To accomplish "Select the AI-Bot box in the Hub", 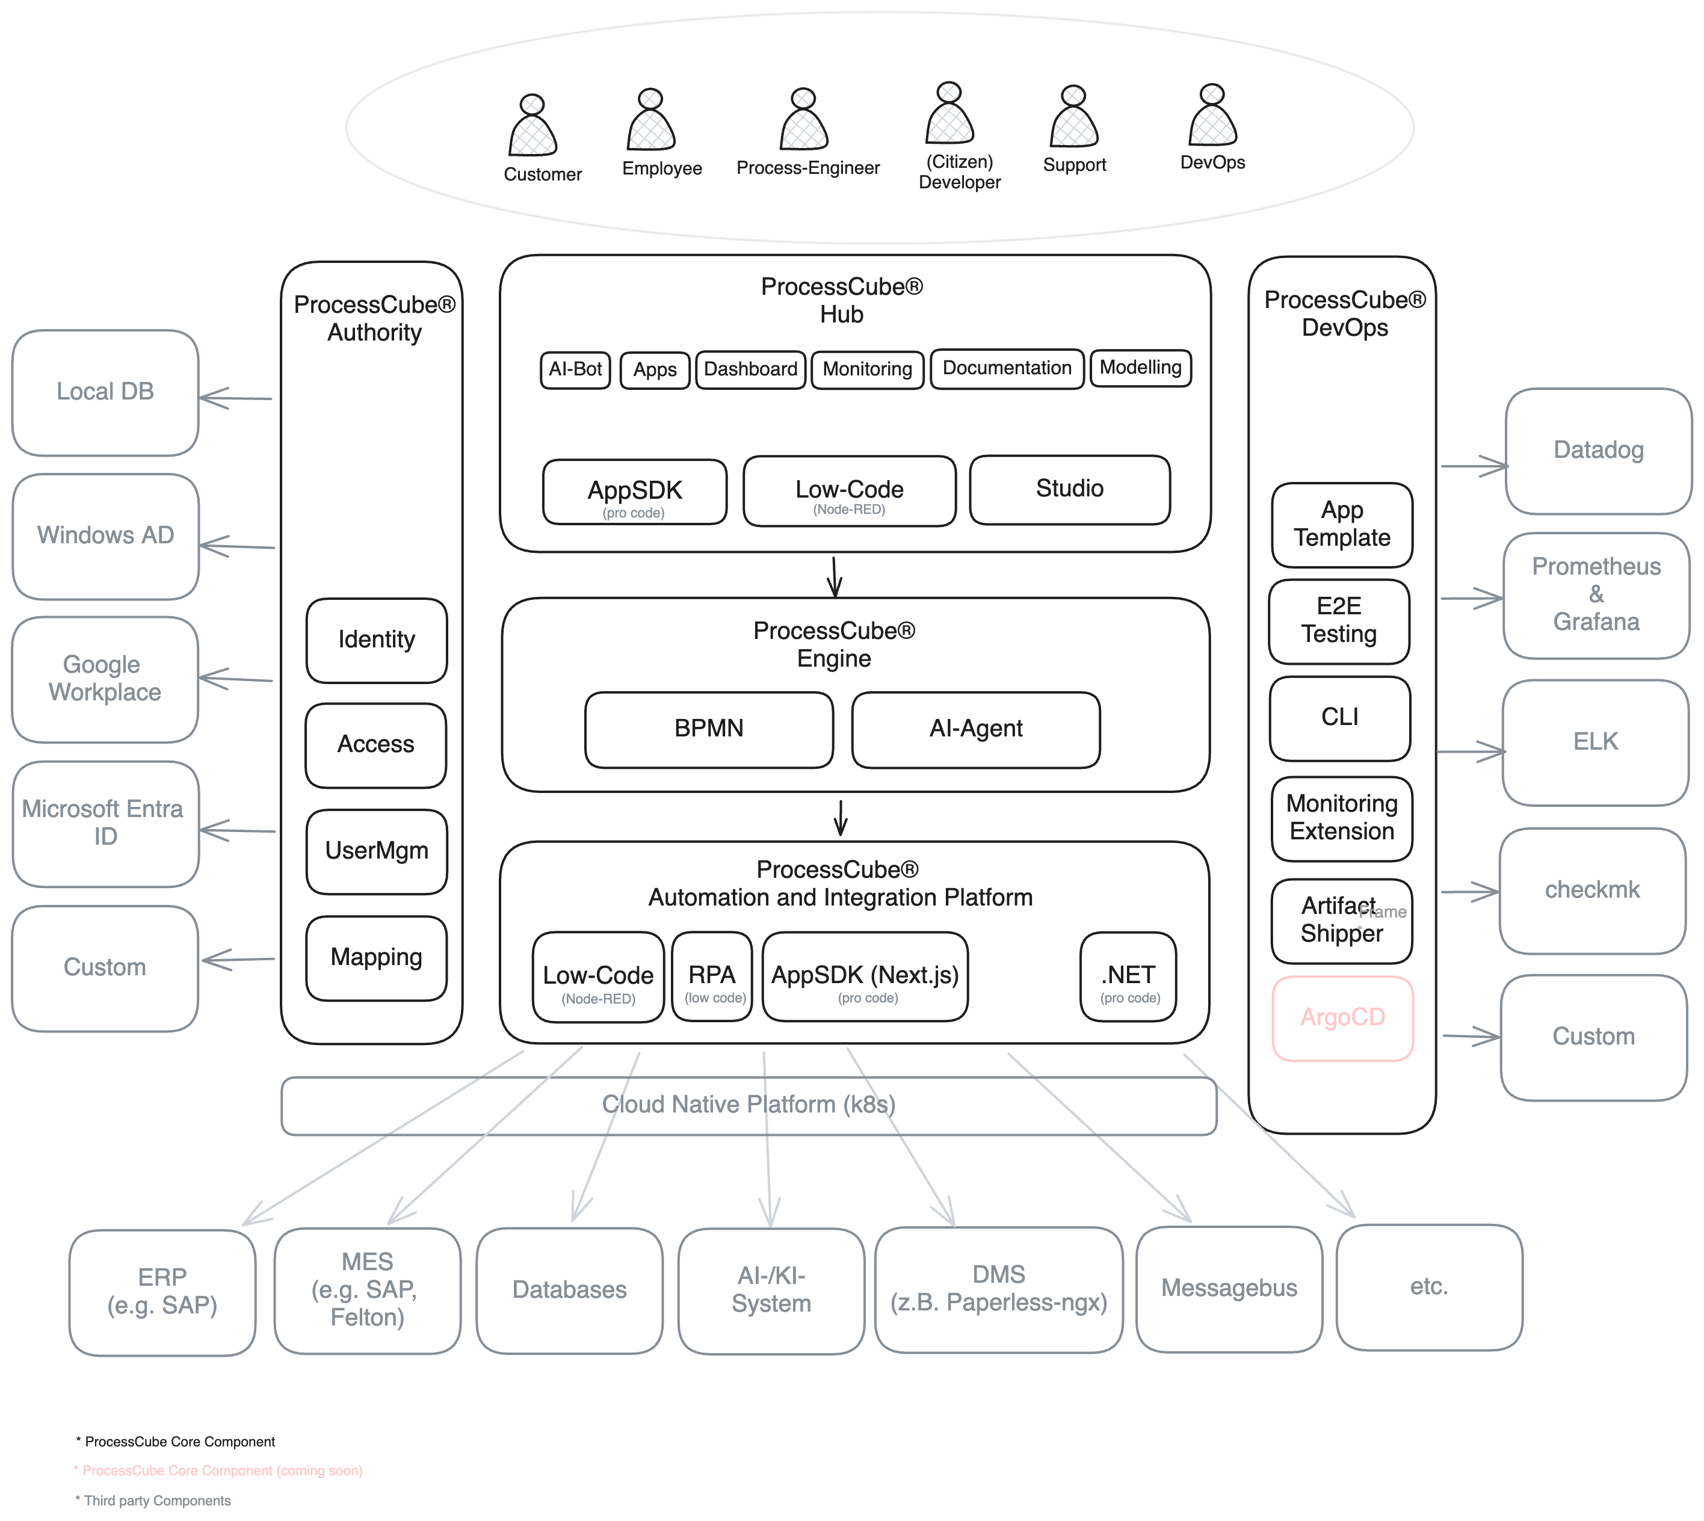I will (x=575, y=369).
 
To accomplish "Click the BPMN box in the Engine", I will (x=709, y=729).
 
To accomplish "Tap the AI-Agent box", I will (x=975, y=729).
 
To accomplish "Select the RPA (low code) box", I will (x=712, y=976).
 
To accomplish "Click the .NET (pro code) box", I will (x=1128, y=976).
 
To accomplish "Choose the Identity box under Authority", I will (x=376, y=640).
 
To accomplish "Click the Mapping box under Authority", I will (x=376, y=958).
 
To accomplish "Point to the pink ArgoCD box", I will (x=1342, y=1018).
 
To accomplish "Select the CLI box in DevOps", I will (x=1339, y=718).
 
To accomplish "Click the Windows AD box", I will (x=105, y=535).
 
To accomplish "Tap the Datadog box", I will (x=1598, y=451).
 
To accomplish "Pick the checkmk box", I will (x=1592, y=890).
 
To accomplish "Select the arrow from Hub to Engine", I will (x=834, y=576).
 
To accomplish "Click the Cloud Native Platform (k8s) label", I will (x=748, y=1105).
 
